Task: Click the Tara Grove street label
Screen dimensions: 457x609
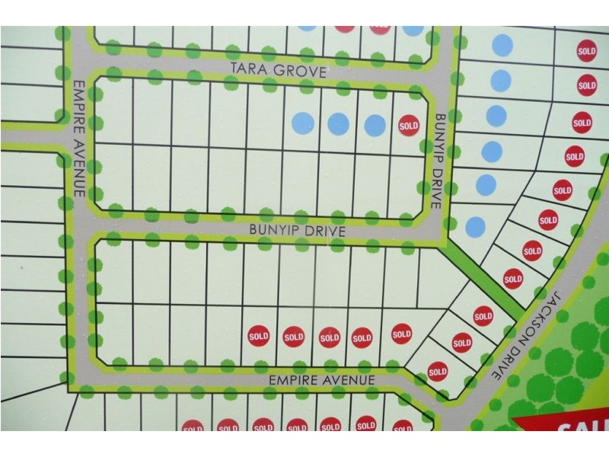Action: click(279, 72)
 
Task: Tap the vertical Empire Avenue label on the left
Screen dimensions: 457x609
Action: click(79, 138)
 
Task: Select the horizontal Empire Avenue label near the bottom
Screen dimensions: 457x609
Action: click(321, 379)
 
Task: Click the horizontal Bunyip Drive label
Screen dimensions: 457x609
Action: click(297, 230)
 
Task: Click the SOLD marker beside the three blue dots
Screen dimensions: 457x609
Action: click(409, 126)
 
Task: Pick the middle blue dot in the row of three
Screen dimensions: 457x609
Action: click(339, 123)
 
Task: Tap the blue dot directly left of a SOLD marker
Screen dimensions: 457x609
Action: click(375, 125)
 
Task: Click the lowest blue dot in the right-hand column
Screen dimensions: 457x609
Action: click(475, 226)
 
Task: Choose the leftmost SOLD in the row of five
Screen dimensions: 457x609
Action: click(259, 335)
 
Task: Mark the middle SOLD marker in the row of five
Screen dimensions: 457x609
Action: click(329, 337)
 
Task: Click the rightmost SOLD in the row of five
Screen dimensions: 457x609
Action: click(401, 333)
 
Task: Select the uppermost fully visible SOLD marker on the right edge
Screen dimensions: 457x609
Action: click(586, 51)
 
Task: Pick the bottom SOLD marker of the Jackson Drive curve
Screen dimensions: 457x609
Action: click(437, 372)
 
